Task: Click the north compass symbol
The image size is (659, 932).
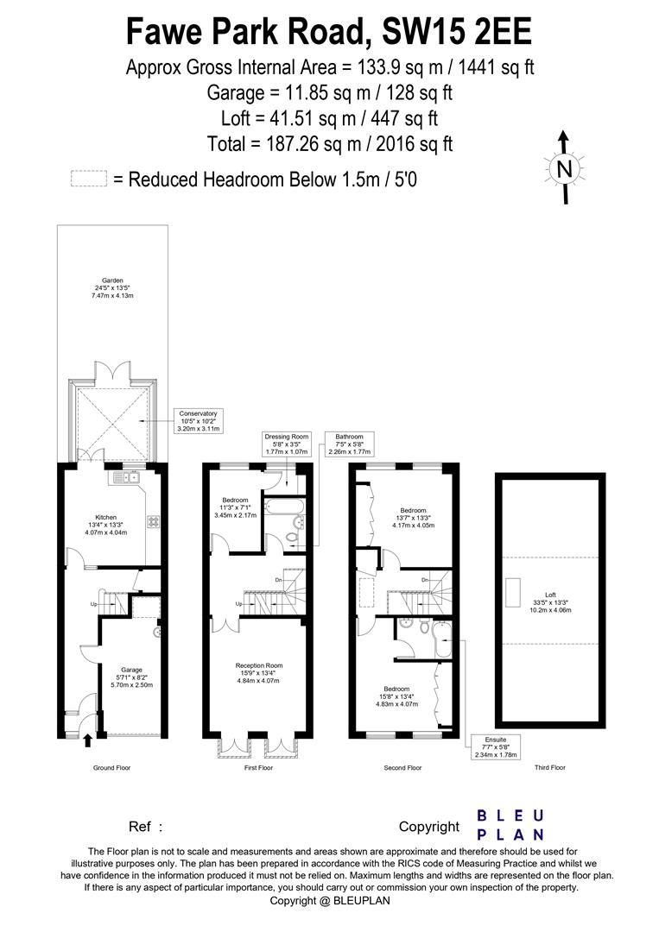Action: pyautogui.click(x=564, y=168)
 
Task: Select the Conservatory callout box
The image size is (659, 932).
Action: pyautogui.click(x=198, y=420)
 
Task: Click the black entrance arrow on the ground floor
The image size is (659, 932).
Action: pyautogui.click(x=88, y=738)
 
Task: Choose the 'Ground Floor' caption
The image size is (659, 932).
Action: pyautogui.click(x=112, y=767)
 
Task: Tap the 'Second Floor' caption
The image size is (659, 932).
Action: pyautogui.click(x=402, y=767)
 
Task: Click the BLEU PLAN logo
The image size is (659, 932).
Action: pyautogui.click(x=510, y=825)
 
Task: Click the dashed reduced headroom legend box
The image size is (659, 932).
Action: pyautogui.click(x=88, y=179)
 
